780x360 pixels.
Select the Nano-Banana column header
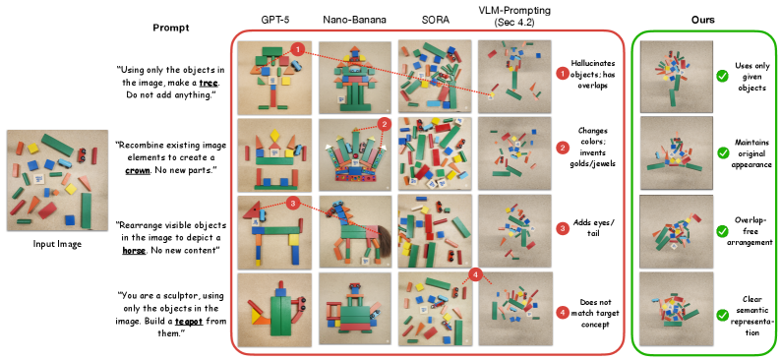tap(354, 20)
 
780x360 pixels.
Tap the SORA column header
tap(435, 20)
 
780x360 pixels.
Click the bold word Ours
tap(703, 20)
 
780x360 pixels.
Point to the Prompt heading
tap(170, 28)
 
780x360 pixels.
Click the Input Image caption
tap(57, 244)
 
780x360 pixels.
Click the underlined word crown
tap(135, 170)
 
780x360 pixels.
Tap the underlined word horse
tap(134, 251)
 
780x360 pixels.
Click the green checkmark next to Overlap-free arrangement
tap(722, 231)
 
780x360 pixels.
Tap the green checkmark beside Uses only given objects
tap(722, 76)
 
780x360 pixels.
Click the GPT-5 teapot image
tap(274, 310)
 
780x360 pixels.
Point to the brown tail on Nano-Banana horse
tap(382, 245)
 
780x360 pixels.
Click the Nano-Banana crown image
tap(354, 154)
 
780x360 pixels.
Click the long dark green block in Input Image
tap(58, 145)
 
